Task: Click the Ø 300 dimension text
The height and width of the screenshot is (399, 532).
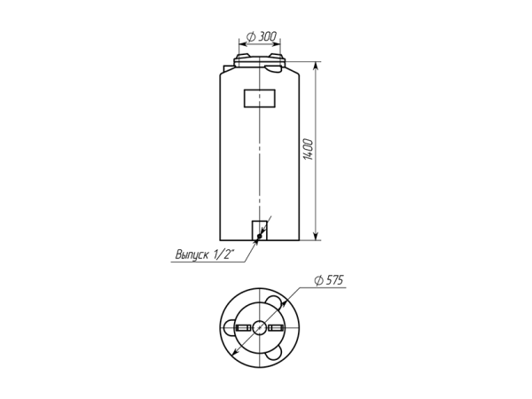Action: tap(262, 36)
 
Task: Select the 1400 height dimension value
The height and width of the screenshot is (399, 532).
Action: tap(308, 149)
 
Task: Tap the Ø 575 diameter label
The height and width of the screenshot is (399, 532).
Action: tap(329, 280)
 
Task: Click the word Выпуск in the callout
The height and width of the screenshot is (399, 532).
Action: tap(192, 254)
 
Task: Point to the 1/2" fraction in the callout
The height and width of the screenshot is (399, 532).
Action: tap(224, 254)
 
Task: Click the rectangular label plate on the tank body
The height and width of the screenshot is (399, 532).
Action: tap(260, 98)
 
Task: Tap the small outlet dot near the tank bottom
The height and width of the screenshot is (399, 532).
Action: tap(260, 236)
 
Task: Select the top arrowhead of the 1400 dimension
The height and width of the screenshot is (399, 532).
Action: tap(316, 66)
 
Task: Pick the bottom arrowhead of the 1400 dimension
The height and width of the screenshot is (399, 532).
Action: tap(316, 236)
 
